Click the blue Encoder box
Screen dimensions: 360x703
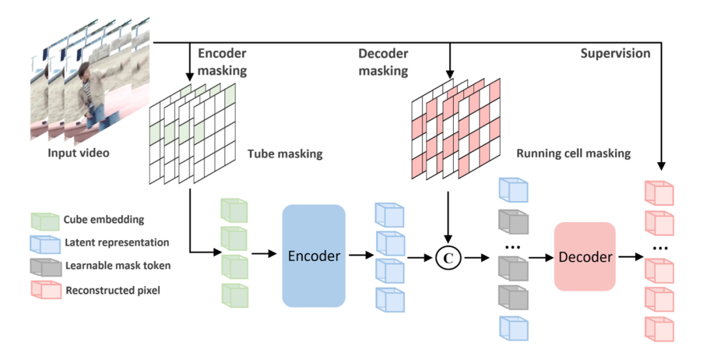[x=313, y=256]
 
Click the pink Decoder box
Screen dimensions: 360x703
[x=585, y=256]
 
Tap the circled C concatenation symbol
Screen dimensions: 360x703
[x=448, y=257]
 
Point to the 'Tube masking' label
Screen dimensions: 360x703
[x=284, y=155]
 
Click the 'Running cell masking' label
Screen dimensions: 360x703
[x=573, y=154]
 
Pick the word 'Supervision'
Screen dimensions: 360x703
[x=614, y=53]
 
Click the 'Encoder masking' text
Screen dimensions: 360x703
[x=222, y=62]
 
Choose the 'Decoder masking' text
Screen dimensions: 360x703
[x=383, y=62]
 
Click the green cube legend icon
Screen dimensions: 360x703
[x=45, y=221]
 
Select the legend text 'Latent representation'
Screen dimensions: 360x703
[x=117, y=242]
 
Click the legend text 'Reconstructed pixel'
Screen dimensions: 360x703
[x=112, y=290]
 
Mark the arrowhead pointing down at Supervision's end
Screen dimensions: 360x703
[x=661, y=167]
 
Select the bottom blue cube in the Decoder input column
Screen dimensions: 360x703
[x=513, y=327]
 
